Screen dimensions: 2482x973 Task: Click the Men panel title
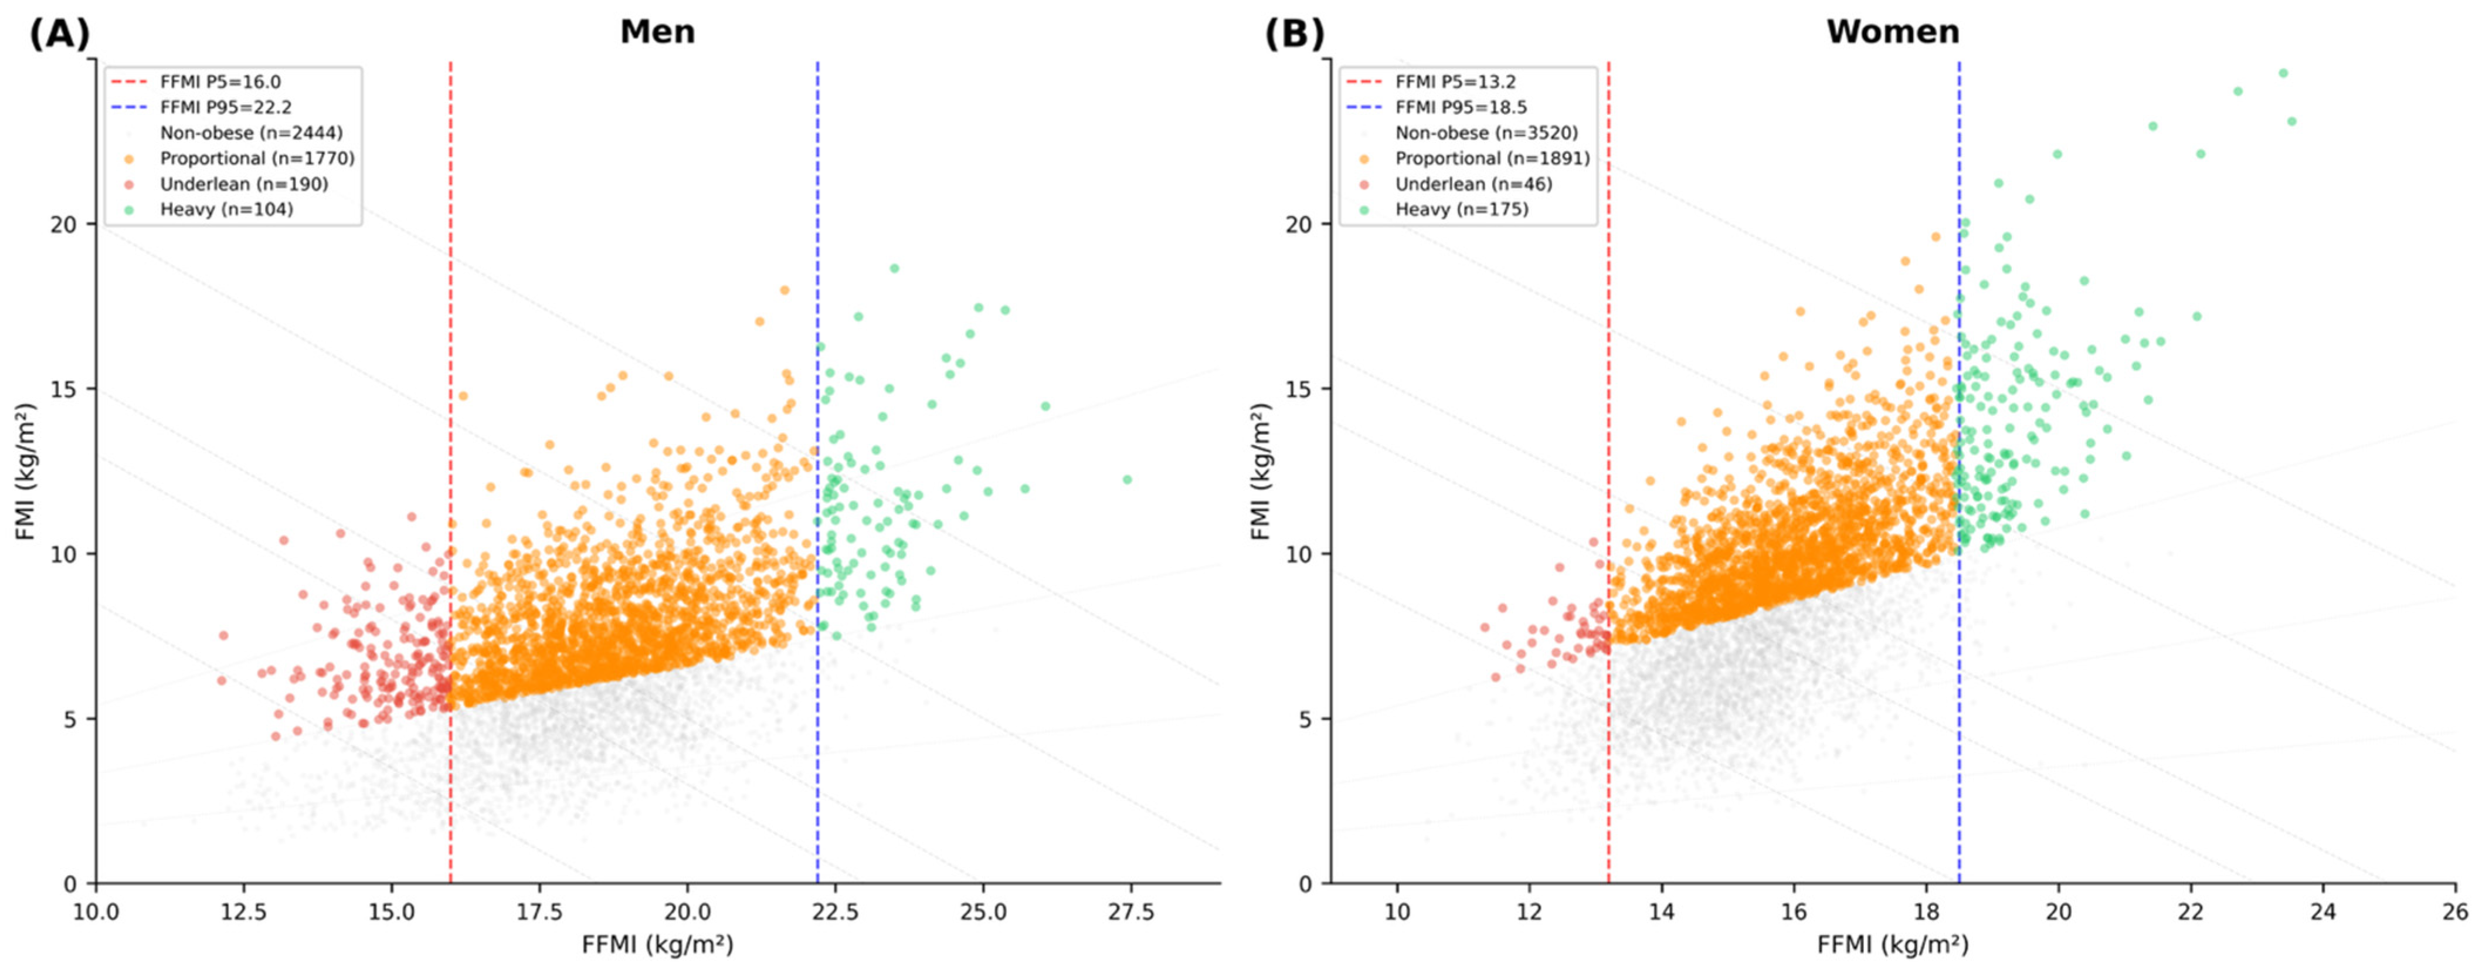(x=657, y=32)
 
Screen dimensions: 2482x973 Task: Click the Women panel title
(x=1892, y=32)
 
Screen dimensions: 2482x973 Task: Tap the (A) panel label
(x=60, y=33)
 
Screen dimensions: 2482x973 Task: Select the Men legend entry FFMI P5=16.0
(x=220, y=83)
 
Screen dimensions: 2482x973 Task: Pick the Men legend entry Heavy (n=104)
(x=226, y=209)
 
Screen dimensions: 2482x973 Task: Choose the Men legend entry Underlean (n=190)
(x=244, y=184)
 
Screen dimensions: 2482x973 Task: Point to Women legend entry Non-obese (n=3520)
(x=1487, y=134)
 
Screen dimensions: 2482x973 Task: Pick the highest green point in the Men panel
(x=894, y=269)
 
